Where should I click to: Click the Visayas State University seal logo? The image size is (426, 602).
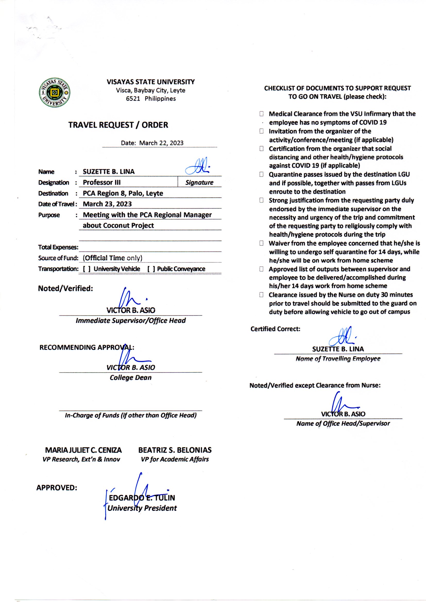coord(55,92)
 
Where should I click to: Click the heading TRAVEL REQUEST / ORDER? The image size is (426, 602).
coord(118,125)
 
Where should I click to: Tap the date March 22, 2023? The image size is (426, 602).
coord(161,143)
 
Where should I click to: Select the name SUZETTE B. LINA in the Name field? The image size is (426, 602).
coord(109,172)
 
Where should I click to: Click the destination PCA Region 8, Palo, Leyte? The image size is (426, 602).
coord(123,194)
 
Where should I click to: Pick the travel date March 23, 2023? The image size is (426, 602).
coord(107,204)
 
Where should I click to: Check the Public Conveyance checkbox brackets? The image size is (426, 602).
coord(151,269)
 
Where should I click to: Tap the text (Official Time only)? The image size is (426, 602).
coord(113,258)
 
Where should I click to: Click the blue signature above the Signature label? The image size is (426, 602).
coord(198,167)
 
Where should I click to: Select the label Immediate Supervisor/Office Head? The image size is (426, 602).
coord(131,321)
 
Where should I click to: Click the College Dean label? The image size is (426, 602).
coord(131,378)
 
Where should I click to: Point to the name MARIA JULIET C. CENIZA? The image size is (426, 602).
coord(83,450)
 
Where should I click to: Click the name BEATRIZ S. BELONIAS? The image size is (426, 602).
coord(175,450)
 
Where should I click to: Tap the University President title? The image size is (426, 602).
coord(142,508)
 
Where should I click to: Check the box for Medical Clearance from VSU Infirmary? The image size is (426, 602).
coord(261,114)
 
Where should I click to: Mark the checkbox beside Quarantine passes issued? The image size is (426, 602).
coord(261,174)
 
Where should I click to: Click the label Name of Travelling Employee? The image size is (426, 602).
coord(338,359)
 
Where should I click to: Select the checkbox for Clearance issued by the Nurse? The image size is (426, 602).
coord(261,295)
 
